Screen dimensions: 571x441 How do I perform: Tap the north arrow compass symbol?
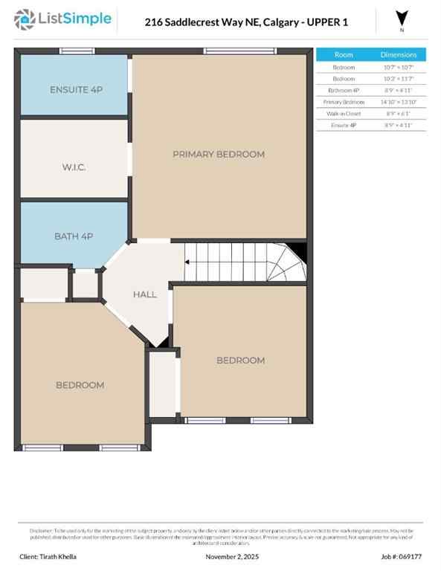pos(402,19)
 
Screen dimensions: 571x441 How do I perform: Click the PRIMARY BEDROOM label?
pos(219,154)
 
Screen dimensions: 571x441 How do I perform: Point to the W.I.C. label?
pos(74,167)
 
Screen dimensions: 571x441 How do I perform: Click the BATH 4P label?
pos(74,236)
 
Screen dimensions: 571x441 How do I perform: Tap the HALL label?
pos(145,294)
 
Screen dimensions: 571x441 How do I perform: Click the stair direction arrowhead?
pos(187,262)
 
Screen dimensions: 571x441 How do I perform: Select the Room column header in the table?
pos(344,55)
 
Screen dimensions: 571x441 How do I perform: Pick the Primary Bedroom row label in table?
pos(344,102)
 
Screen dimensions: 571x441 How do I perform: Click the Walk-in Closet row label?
pos(344,114)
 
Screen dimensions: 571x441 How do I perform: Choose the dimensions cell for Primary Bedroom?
pos(399,102)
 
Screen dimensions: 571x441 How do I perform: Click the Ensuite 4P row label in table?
pos(344,126)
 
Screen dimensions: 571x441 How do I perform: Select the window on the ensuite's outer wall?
pos(72,51)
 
